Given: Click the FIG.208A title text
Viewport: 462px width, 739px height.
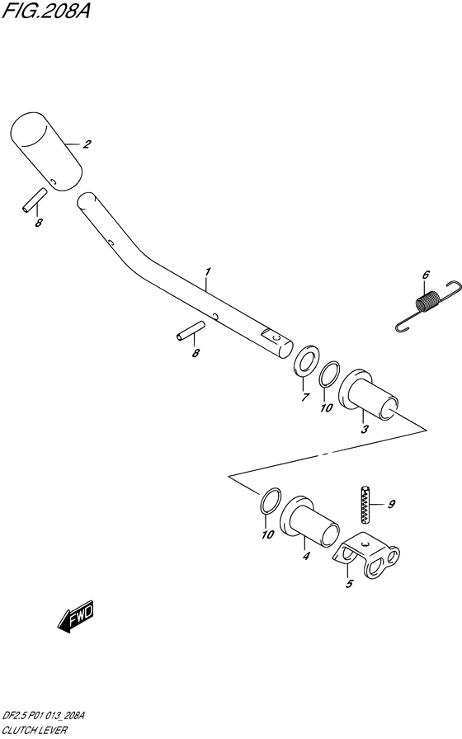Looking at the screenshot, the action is [x=45, y=11].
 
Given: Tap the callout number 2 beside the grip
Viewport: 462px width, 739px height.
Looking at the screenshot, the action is [x=87, y=144].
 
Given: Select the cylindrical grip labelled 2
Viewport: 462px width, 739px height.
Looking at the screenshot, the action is [x=46, y=152].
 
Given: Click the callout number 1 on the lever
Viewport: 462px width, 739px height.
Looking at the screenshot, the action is [x=207, y=272].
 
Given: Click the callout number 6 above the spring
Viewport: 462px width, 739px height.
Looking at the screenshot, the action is [x=426, y=275].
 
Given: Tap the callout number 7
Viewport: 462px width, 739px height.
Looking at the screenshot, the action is [x=305, y=398].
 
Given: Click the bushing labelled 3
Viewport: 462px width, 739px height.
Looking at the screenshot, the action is [x=369, y=395].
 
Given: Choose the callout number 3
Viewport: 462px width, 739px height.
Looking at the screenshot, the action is [x=365, y=430].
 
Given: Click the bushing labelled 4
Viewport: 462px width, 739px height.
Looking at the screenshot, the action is [x=309, y=521].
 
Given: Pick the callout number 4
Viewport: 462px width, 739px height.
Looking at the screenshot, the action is [x=306, y=556].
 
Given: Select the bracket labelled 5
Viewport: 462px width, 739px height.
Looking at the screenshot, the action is [x=367, y=555].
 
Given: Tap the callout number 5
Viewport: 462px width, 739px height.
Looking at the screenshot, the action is [x=349, y=585].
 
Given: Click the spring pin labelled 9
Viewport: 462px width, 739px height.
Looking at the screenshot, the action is [x=365, y=504].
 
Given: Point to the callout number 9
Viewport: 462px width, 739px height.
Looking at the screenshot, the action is [x=391, y=504].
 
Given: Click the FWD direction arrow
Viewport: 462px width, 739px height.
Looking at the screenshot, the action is [x=76, y=616].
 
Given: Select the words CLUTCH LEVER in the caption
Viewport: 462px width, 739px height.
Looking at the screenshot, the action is [x=35, y=731].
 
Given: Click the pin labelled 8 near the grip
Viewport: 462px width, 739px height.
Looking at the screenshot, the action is [x=35, y=200].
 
